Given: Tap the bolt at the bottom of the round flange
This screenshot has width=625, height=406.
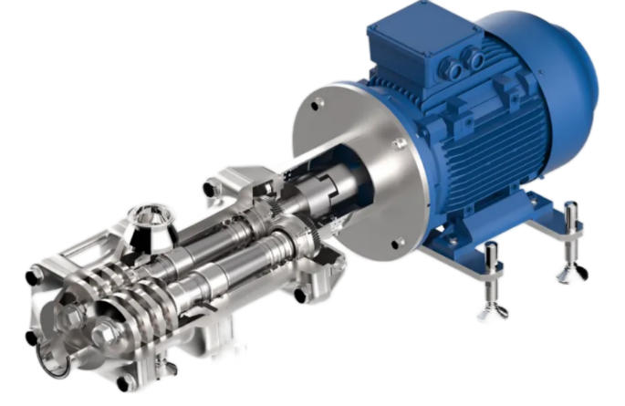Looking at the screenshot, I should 399,242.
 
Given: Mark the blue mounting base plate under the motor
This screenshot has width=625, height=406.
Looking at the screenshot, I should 493,237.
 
